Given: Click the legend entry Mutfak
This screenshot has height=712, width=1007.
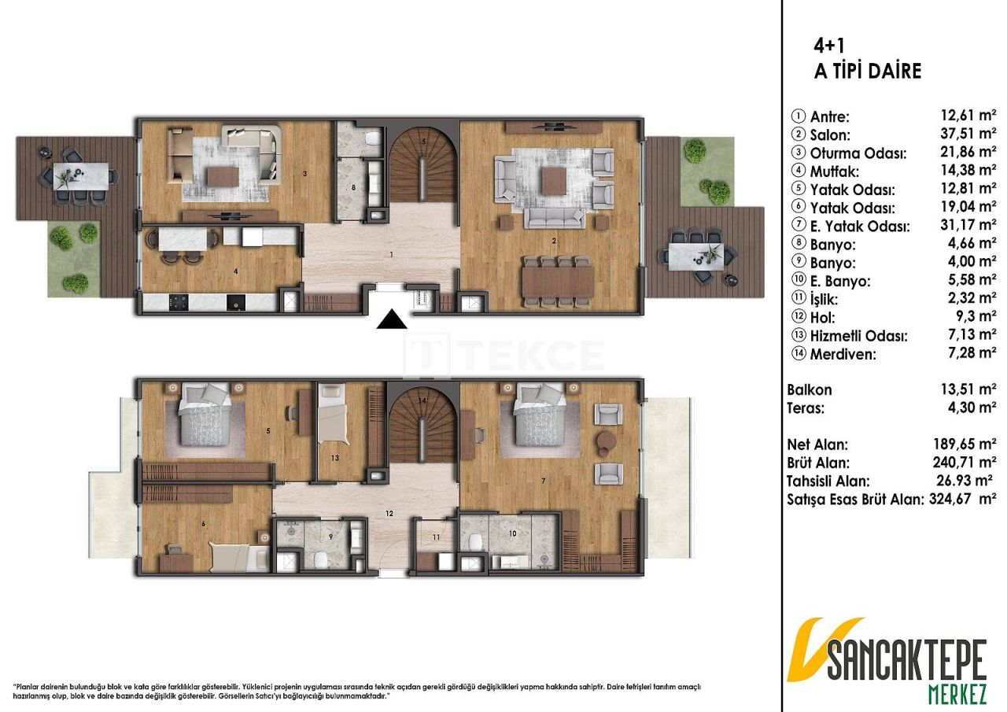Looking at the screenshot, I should click(832, 172).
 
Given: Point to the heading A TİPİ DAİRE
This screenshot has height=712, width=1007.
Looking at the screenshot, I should click(867, 72).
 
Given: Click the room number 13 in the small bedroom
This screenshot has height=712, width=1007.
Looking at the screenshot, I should click(334, 457).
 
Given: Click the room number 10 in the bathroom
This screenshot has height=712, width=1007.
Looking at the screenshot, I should click(513, 533).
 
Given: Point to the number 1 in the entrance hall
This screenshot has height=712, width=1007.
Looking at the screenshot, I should click(390, 255).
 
